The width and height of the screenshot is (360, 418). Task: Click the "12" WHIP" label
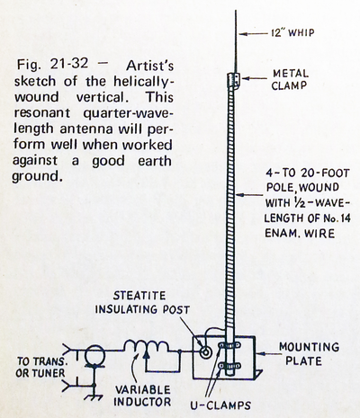click(292, 32)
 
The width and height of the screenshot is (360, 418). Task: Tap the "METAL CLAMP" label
click(289, 79)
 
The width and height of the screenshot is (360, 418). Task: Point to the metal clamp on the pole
click(233, 80)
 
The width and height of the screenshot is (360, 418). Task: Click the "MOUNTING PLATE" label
click(309, 353)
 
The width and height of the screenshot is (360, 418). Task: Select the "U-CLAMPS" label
click(220, 405)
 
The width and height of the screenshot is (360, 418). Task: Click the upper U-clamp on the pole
click(229, 345)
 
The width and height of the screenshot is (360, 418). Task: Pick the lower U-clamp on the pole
click(229, 366)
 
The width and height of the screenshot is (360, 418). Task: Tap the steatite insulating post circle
click(206, 351)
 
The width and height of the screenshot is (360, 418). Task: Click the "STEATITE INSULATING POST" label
click(142, 302)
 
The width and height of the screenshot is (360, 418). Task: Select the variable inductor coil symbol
click(146, 347)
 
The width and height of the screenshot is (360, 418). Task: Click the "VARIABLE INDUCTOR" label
click(142, 396)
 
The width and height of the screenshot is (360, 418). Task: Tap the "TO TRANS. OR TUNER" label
click(40, 367)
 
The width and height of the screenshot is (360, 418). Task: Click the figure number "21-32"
click(69, 64)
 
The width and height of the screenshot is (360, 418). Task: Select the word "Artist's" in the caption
click(149, 66)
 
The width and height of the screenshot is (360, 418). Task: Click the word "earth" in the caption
click(155, 161)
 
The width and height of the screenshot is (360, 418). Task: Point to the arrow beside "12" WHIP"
click(254, 34)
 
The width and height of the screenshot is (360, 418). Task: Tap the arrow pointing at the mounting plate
click(266, 353)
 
